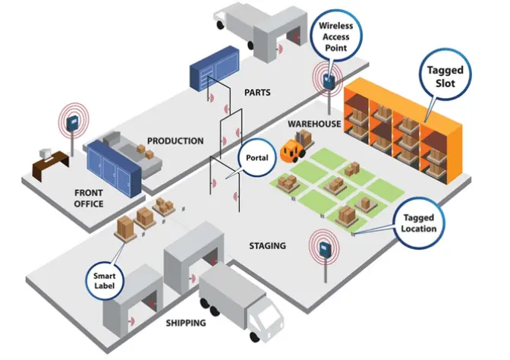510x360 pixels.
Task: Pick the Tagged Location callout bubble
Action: (x=419, y=223)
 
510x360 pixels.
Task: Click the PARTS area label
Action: (x=257, y=93)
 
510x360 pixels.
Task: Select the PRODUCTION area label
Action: (x=175, y=141)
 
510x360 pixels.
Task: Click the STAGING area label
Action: (x=267, y=245)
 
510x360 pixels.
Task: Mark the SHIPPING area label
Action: (x=186, y=323)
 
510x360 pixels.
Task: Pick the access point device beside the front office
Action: (x=73, y=122)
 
